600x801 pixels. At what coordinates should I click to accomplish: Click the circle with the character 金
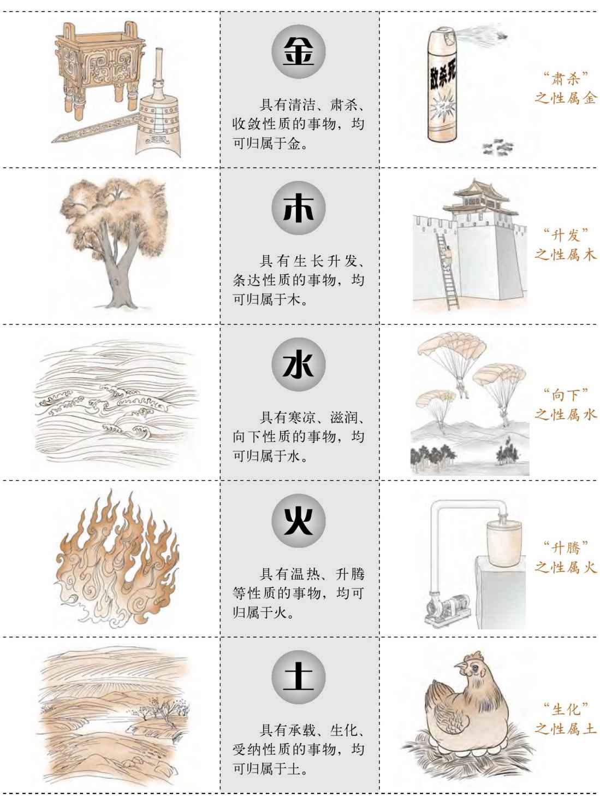[x=299, y=52]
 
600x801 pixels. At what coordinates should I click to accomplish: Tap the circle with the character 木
[x=299, y=208]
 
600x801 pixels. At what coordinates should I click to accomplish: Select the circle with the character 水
[x=299, y=364]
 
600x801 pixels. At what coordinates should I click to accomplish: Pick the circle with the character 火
[x=299, y=521]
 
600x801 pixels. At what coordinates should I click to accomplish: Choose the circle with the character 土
[x=299, y=678]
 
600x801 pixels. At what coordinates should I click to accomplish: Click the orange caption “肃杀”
[x=566, y=79]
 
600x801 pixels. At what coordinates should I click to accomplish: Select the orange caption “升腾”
[x=566, y=548]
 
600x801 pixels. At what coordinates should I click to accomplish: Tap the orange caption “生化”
[x=566, y=709]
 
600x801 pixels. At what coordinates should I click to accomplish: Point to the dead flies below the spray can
[x=497, y=146]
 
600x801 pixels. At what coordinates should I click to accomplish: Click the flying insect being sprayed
[x=502, y=36]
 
